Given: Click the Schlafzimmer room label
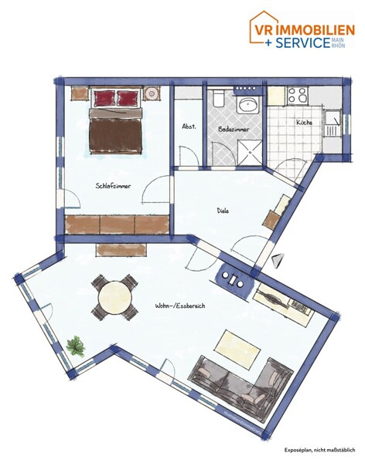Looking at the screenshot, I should tap(112, 186).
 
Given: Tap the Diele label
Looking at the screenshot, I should tap(224, 209).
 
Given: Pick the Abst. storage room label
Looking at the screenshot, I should tap(188, 127).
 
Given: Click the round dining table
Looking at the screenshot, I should tap(114, 296).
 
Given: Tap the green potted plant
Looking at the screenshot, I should tap(76, 345).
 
